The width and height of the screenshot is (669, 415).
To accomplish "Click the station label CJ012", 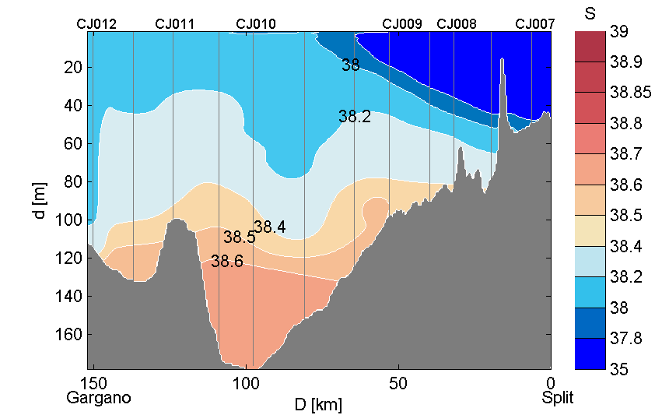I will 96,24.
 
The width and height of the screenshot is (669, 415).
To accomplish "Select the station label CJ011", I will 175,24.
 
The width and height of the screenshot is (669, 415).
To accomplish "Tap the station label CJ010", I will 255,24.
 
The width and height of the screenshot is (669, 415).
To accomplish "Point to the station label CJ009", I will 402,24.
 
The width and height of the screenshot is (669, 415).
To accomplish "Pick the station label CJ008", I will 457,24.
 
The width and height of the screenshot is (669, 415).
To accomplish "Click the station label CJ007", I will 535,24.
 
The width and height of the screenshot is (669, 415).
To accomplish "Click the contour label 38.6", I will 227,262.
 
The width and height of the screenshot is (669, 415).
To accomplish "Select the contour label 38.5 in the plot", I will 239,237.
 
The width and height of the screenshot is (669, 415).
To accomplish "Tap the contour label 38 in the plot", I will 351,65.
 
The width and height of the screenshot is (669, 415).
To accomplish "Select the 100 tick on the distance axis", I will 247,383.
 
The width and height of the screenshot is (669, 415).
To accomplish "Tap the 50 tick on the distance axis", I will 398,383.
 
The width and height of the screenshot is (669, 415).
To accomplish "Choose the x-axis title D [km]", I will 317,404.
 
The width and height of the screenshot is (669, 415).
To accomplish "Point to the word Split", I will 558,398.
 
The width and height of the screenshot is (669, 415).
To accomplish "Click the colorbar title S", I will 590,13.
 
